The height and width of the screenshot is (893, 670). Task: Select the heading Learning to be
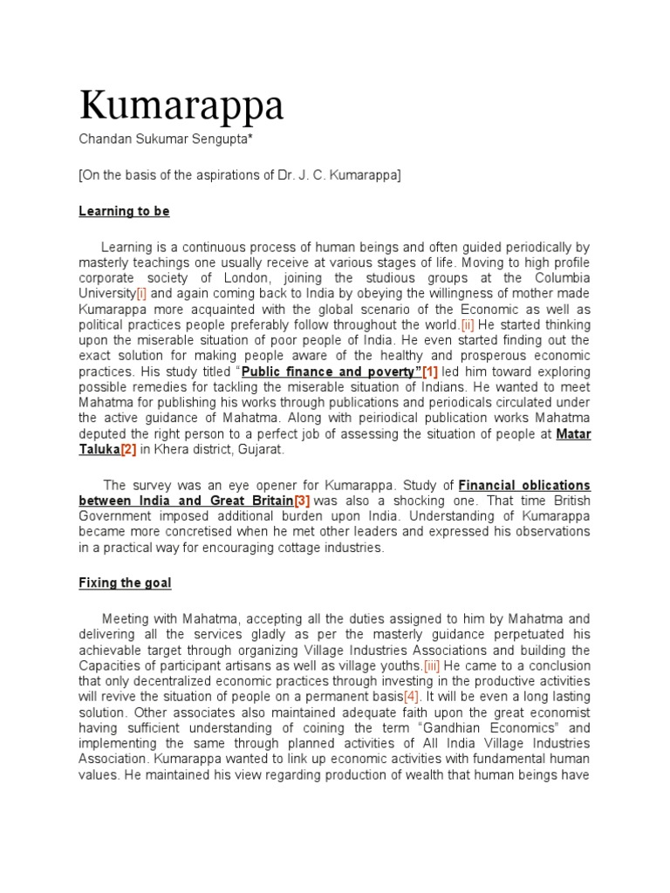[124, 211]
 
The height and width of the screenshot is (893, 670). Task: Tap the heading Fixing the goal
[125, 582]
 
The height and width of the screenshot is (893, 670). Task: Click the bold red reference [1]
[430, 372]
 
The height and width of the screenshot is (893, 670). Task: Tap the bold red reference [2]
[128, 450]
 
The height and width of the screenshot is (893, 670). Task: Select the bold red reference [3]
[302, 501]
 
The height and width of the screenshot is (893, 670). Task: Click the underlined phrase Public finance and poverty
[329, 372]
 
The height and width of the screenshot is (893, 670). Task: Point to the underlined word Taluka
[99, 450]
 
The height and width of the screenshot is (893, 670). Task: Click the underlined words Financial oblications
[524, 485]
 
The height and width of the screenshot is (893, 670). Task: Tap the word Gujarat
[256, 450]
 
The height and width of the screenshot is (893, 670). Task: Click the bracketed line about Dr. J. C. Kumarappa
[240, 174]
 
